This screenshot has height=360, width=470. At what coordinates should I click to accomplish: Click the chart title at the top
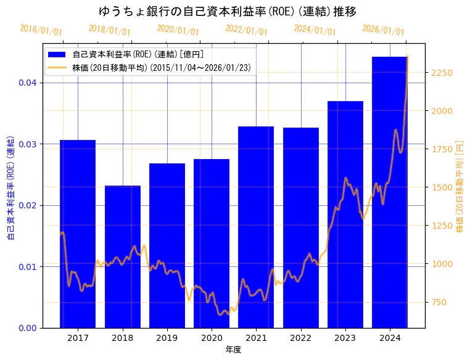click(x=228, y=12)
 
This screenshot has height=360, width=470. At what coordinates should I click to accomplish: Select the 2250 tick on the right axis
click(x=443, y=73)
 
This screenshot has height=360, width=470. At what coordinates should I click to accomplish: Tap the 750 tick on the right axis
click(x=440, y=302)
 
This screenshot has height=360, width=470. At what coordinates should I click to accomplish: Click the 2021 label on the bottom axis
click(x=256, y=338)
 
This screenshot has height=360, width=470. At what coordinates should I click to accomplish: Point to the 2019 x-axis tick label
click(x=167, y=338)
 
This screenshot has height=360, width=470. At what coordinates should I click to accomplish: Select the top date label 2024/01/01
click(x=315, y=30)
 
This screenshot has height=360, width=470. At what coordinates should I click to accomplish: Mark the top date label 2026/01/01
click(x=383, y=30)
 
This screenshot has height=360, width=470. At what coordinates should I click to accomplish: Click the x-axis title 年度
click(x=233, y=350)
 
